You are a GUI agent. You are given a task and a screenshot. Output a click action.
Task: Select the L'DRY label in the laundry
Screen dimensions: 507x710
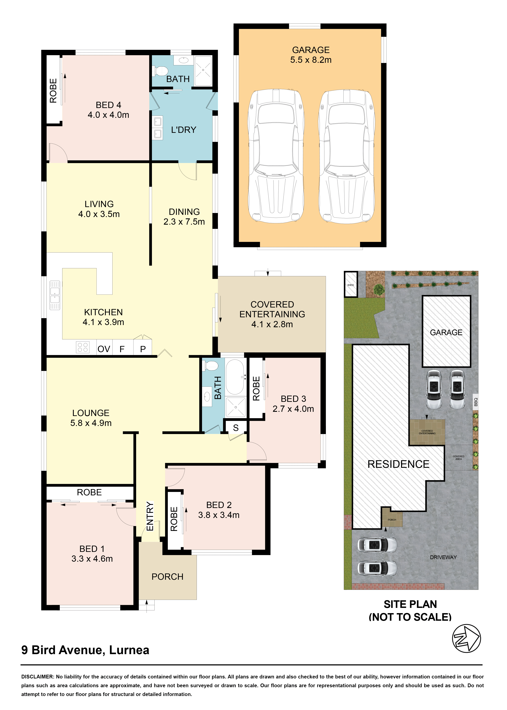[184, 130]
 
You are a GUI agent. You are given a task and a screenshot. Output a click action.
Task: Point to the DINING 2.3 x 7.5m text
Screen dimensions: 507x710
[184, 217]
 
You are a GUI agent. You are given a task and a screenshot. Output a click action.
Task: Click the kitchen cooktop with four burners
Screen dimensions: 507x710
[83, 347]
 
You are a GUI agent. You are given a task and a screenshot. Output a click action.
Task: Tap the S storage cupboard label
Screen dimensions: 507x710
[236, 428]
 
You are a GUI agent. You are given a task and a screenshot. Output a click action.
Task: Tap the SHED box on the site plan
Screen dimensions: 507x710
[351, 284]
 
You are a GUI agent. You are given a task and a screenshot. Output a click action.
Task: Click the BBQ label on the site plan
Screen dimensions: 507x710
[475, 402]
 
